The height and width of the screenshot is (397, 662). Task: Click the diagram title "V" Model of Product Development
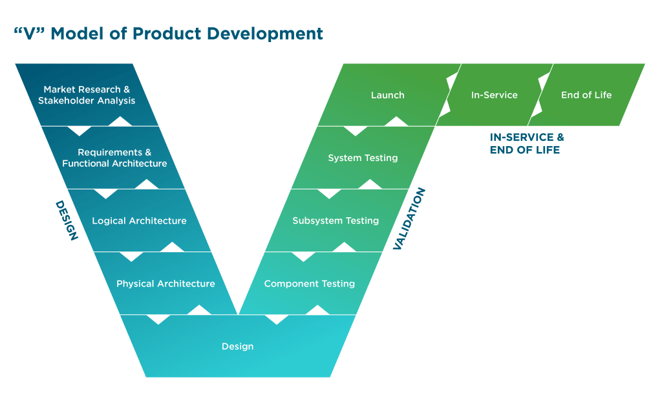click(168, 34)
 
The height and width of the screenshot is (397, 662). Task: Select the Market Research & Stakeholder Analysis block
click(87, 95)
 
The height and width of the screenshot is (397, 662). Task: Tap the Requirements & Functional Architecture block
click(114, 158)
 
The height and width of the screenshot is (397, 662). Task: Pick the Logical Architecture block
click(139, 221)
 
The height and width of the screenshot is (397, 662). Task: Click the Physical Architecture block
click(165, 284)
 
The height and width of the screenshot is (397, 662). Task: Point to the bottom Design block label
click(237, 347)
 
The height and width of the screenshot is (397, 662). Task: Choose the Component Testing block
click(310, 284)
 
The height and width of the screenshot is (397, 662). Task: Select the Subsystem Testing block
click(336, 221)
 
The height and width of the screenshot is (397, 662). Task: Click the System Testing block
click(363, 158)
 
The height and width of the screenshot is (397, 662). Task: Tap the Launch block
click(387, 96)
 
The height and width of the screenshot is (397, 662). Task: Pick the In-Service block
click(494, 96)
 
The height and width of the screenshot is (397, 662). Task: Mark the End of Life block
click(586, 96)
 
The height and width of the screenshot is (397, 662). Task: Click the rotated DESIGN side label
click(66, 220)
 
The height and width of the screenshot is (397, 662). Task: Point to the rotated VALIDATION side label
click(409, 219)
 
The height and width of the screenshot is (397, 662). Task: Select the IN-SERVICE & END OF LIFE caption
click(526, 144)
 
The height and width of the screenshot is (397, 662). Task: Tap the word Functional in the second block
click(85, 164)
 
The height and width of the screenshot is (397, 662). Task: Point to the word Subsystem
click(317, 221)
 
